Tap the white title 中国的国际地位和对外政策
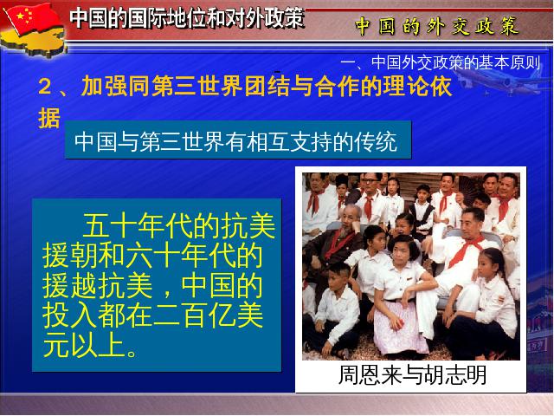pyautogui.click(x=187, y=18)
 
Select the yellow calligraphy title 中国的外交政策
pyautogui.click(x=437, y=26)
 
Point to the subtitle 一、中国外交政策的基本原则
pyautogui.click(x=441, y=62)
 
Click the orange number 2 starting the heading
pyautogui.click(x=44, y=87)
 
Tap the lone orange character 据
pyautogui.click(x=49, y=118)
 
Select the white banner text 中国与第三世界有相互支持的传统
pyautogui.click(x=235, y=142)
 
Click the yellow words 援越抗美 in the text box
pyautogui.click(x=98, y=286)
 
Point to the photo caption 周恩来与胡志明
pyautogui.click(x=412, y=374)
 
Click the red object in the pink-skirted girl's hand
pyautogui.click(x=398, y=323)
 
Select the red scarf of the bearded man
pyautogui.click(x=340, y=244)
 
